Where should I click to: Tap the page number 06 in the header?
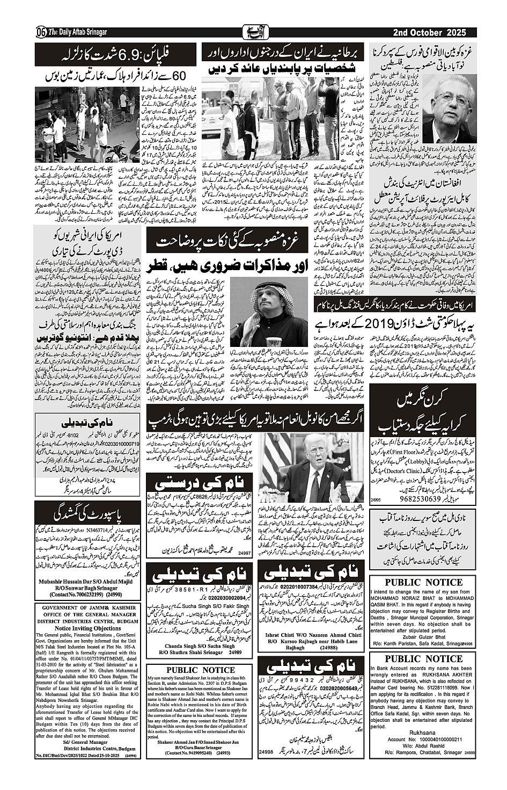click(x=40, y=33)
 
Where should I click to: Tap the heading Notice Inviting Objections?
click(x=88, y=628)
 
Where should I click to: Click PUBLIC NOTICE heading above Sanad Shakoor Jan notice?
click(x=200, y=670)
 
